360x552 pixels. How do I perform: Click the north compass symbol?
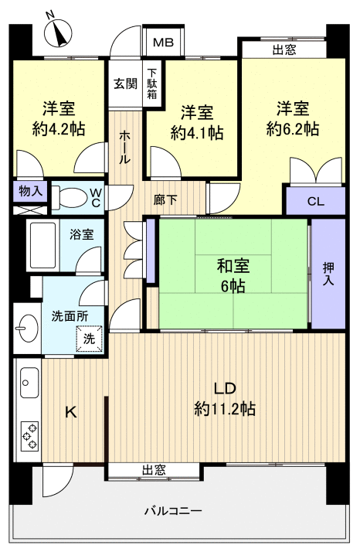tap(59, 33)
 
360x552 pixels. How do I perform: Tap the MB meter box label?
tap(162, 43)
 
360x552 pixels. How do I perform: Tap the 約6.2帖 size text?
tap(293, 128)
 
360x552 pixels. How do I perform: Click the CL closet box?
tap(315, 201)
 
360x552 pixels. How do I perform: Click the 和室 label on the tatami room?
tap(231, 267)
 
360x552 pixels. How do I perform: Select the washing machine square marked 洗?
tap(89, 337)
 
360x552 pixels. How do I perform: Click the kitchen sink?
tap(29, 381)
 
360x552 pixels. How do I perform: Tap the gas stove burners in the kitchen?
tap(29, 435)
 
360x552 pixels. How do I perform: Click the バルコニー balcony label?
tap(174, 511)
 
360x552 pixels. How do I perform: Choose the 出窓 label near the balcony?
tap(154, 469)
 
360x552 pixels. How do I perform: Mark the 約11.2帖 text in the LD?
tap(225, 407)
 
